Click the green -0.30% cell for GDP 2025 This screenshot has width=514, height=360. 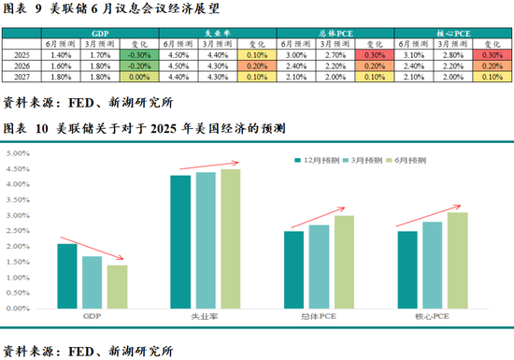(137, 55)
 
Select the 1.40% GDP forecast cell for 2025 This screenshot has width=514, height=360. (61, 55)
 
